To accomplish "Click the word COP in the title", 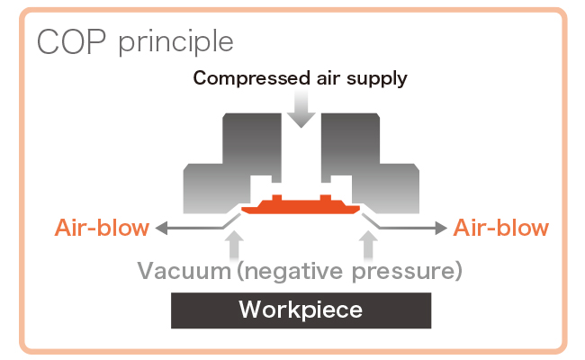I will coord(66,42).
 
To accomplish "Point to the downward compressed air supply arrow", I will coord(301,111).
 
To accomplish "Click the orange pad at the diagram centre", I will coord(301,204).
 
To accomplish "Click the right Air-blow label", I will coord(500,228).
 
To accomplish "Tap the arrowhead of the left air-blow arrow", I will coord(162,228).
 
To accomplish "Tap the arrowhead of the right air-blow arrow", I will coord(441,228).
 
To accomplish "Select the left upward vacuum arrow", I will coord(236,243).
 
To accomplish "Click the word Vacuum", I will coord(184,270).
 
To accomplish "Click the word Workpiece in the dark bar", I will coord(301,311).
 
